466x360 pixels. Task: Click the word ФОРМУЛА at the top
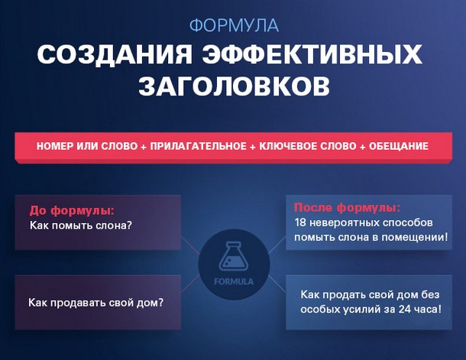235,25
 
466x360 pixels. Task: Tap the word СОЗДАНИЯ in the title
115,54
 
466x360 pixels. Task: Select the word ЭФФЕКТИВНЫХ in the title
312,54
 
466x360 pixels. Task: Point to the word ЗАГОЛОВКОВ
235,86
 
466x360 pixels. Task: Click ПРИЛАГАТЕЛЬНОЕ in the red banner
198,146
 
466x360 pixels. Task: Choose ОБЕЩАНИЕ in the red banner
399,146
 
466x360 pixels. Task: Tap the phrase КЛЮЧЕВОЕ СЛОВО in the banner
308,146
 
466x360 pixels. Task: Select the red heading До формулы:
72,210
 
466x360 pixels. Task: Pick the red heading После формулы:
347,207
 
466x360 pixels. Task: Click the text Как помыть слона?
80,225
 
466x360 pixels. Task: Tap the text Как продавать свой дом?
96,303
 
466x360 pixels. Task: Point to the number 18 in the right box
300,222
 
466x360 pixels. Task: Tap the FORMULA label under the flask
234,281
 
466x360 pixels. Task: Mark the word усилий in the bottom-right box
361,310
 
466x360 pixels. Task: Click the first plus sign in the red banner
144,147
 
